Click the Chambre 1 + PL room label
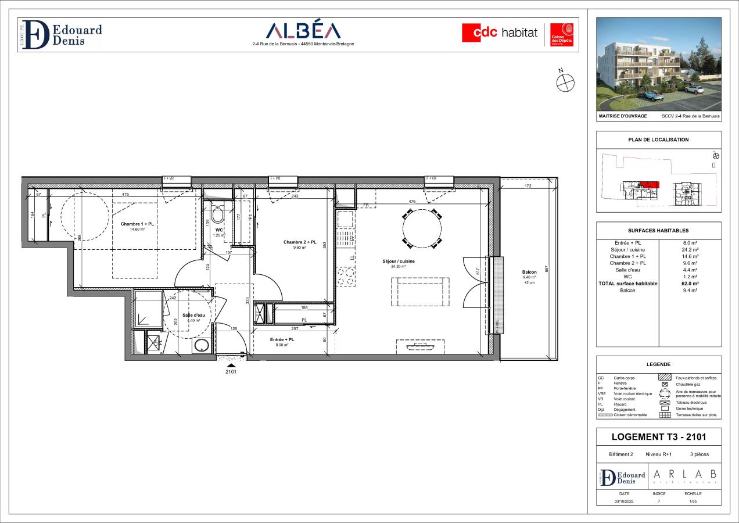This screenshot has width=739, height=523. [137, 224]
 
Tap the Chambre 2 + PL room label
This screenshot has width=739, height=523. [300, 242]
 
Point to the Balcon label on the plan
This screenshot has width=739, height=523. [529, 272]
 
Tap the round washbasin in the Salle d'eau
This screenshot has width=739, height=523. [202, 346]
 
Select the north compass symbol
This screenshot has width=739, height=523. [565, 83]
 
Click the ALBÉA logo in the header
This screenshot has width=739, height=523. [303, 31]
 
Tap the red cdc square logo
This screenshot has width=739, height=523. [479, 33]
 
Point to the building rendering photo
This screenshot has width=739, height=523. [659, 64]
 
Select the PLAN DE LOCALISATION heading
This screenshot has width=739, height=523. [658, 139]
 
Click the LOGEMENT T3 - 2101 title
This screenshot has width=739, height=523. [658, 437]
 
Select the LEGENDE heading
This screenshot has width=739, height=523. [658, 364]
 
